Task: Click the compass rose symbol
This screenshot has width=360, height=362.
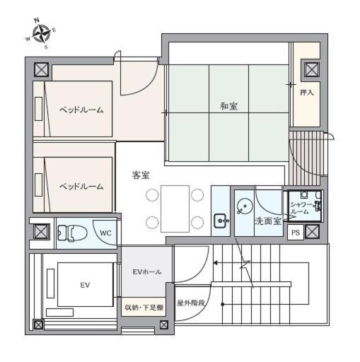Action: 41,33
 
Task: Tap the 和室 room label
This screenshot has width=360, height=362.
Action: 228,106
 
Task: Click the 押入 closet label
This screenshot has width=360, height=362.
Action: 307,93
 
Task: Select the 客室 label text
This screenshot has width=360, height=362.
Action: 141,175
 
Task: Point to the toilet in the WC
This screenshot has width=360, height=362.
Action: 72,233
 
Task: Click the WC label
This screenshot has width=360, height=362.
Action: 105,233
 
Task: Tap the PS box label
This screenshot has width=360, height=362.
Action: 296,233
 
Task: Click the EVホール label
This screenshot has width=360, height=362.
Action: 147,272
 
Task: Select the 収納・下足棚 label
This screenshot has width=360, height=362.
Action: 144,308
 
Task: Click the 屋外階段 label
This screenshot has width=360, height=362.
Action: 191,303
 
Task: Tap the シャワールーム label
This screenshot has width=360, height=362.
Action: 301,208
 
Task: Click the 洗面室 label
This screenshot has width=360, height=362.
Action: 268,221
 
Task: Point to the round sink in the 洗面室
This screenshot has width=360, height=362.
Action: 244,206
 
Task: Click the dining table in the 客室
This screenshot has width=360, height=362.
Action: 175,209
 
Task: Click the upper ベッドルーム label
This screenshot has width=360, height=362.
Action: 81,110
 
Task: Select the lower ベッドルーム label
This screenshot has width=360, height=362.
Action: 81,187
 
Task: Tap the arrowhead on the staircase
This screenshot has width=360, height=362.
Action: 215,263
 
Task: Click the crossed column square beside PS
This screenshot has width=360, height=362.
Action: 312,231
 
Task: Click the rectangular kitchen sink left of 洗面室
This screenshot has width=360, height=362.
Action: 221,221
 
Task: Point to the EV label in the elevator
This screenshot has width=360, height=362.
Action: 85,286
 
